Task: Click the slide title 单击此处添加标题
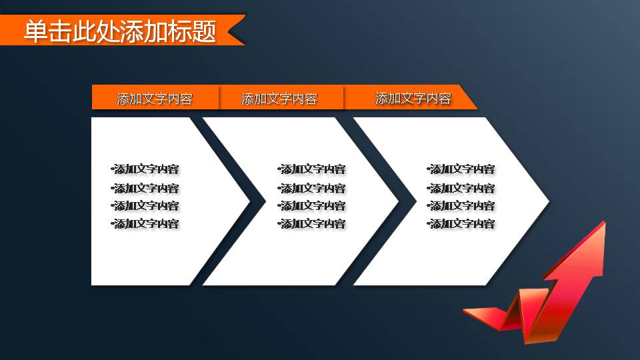click(120, 31)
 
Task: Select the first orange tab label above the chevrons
click(155, 99)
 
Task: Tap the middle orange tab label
click(279, 99)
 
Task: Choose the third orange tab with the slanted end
click(413, 98)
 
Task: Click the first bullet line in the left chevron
click(146, 169)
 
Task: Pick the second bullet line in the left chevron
click(146, 188)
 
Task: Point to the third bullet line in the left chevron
click(146, 205)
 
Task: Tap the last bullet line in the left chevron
click(146, 223)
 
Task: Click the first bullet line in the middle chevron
click(312, 169)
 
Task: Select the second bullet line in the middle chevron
click(312, 188)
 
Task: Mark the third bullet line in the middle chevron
click(312, 205)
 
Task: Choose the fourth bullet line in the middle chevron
click(312, 223)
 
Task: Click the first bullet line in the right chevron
click(461, 169)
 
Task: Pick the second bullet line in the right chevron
click(461, 188)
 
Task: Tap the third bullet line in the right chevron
click(461, 205)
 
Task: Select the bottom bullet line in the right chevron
click(461, 223)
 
